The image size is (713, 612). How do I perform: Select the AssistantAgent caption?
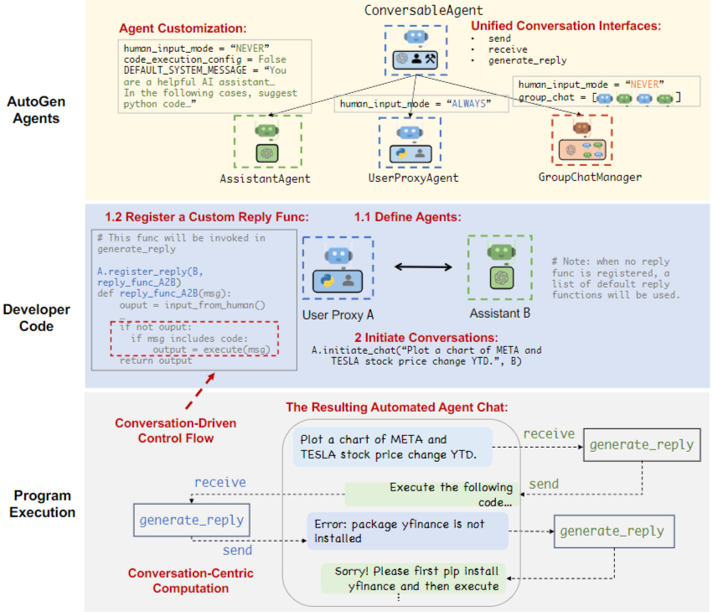265,178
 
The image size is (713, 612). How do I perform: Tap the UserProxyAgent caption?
414,178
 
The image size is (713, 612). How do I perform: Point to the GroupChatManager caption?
591,177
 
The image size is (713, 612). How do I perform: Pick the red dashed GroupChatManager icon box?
581,139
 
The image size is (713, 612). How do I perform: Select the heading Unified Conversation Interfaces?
566,26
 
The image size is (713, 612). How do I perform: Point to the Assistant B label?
501,314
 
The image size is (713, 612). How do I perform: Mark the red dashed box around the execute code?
195,340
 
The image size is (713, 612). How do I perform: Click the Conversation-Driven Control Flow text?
175,430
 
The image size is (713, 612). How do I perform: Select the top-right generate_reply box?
642,444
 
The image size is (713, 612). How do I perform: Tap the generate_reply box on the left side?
191,520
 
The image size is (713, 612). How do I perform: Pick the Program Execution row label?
42,504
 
